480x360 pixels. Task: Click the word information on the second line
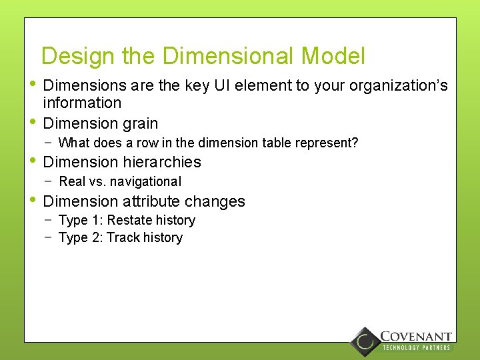point(82,103)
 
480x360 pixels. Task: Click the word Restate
point(129,220)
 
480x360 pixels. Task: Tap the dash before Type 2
point(49,237)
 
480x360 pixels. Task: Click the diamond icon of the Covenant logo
point(365,341)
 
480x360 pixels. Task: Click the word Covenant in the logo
point(416,337)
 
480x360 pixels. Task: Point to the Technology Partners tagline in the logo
point(416,348)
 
